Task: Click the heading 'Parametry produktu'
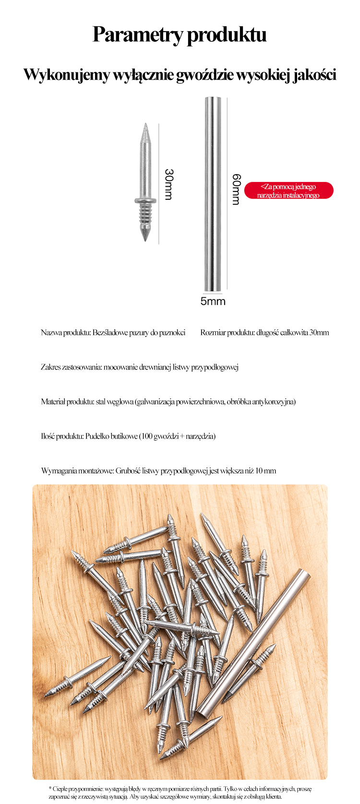tap(180, 35)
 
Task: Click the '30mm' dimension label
tap(168, 184)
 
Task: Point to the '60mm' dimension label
tap(236, 189)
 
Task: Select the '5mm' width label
tap(213, 301)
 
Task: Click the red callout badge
tap(288, 191)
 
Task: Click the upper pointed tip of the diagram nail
tap(145, 129)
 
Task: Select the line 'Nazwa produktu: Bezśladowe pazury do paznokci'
tap(113, 333)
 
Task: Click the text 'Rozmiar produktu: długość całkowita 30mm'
tap(264, 333)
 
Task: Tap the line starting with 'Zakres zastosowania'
tap(140, 367)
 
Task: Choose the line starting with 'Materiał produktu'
tap(168, 402)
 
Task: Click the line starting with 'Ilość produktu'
tap(128, 436)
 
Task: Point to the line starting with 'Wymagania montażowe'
tap(158, 471)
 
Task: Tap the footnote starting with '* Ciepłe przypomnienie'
tap(180, 792)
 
